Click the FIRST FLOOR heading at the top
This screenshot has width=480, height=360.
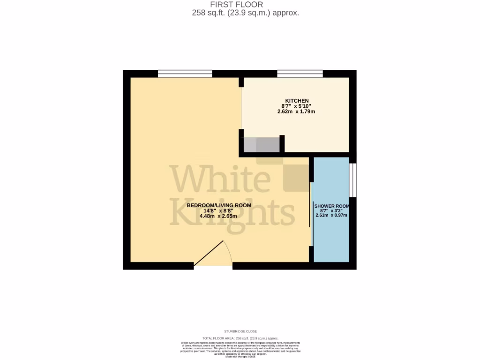pos(240,5)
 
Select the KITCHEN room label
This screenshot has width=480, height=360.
pos(295,101)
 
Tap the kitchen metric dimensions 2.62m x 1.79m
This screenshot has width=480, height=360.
pos(296,112)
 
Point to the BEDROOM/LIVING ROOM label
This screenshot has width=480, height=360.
pos(219,205)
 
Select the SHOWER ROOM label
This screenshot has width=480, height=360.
pos(331,206)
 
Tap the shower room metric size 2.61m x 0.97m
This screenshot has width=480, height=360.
pos(331,216)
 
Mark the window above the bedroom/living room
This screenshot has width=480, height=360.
pos(185,73)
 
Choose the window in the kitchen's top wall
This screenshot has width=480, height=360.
pos(300,73)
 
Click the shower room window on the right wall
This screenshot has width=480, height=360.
pos(353,180)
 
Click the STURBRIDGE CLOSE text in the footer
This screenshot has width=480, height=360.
pos(240,331)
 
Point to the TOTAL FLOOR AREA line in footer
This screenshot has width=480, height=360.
pos(240,338)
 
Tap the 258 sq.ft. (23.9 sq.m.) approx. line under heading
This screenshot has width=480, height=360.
pos(245,13)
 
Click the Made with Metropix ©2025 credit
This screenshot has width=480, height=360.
pos(240,357)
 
